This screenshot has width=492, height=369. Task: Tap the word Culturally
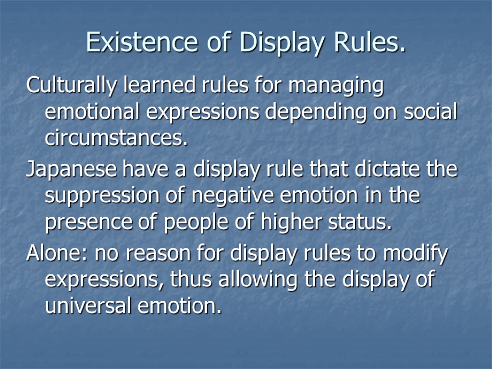(72, 87)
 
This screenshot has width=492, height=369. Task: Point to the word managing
(341, 87)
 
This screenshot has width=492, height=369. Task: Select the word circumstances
(116, 139)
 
